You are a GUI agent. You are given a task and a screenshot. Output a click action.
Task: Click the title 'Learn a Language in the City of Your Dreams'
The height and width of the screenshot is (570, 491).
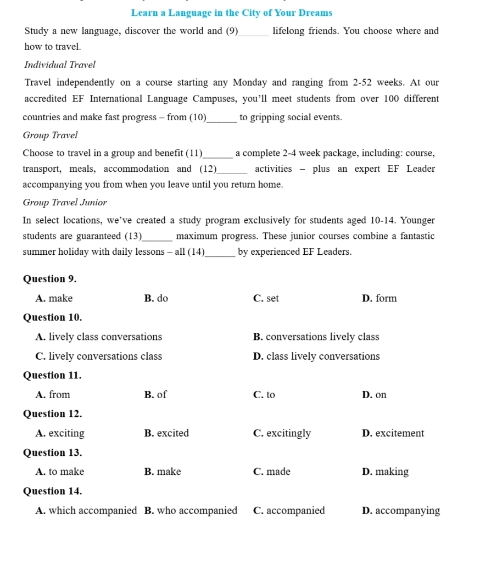click(232, 13)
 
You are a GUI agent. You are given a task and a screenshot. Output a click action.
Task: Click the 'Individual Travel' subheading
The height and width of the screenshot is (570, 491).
click(60, 65)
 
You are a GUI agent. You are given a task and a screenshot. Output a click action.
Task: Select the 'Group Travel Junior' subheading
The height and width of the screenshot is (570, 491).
click(65, 203)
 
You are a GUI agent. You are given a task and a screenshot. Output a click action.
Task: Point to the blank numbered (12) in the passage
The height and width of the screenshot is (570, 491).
click(233, 170)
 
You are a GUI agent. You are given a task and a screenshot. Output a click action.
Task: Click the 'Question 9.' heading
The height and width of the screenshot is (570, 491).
click(50, 279)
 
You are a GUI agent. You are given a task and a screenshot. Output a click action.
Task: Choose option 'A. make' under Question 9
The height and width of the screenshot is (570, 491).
click(54, 298)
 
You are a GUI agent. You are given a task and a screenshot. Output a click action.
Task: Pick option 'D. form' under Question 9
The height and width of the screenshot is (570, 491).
click(380, 298)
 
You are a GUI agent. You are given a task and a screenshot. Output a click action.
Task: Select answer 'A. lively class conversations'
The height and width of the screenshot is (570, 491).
click(98, 337)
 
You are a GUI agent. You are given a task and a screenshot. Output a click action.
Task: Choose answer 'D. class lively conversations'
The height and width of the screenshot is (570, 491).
click(316, 356)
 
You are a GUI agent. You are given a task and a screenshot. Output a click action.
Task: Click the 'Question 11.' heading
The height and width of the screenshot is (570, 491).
click(52, 376)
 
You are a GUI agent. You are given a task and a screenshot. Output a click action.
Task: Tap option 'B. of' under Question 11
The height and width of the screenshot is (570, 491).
click(155, 395)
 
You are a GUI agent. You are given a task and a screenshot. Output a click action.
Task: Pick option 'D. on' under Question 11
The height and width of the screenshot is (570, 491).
click(375, 395)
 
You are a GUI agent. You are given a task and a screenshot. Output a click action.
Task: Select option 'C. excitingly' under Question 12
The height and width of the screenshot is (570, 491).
click(282, 433)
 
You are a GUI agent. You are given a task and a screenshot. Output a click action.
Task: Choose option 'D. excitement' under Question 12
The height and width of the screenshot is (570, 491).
click(393, 433)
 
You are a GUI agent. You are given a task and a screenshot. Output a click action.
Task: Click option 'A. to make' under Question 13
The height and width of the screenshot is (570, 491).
click(60, 472)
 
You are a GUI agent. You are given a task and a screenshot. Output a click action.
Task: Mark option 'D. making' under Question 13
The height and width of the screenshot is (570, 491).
click(386, 472)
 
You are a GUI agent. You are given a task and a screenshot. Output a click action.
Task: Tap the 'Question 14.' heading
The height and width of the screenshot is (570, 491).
click(52, 491)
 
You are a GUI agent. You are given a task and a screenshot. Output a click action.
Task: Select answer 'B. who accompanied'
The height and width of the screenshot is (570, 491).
click(191, 511)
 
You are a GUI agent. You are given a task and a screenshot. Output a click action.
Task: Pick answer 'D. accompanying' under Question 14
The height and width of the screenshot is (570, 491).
click(401, 511)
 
